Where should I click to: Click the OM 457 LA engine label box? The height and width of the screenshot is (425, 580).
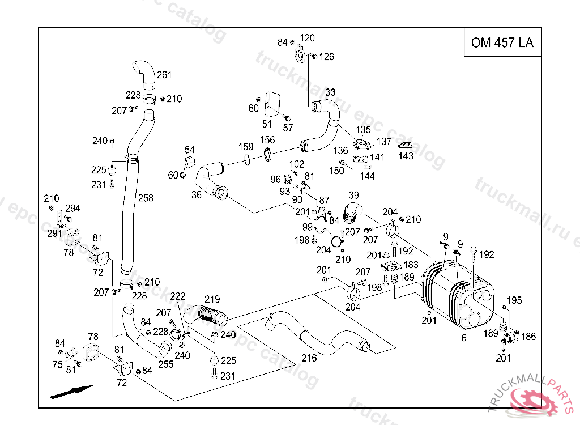click(502, 42)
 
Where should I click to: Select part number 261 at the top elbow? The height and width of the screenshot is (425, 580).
click(164, 75)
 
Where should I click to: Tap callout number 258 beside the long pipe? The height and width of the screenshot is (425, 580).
click(146, 198)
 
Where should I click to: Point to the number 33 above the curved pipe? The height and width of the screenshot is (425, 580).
click(330, 92)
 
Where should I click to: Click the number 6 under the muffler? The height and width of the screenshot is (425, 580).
click(464, 338)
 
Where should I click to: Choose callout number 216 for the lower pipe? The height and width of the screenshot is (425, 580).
click(309, 358)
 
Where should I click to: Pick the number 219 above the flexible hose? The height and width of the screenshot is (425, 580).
click(212, 299)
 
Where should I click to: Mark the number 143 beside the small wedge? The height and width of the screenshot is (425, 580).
click(406, 156)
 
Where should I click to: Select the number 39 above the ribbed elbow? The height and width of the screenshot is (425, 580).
click(354, 195)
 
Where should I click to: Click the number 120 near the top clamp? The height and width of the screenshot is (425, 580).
click(307, 38)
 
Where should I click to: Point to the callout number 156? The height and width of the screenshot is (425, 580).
click(267, 140)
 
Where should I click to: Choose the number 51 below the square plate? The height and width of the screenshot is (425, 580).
click(267, 124)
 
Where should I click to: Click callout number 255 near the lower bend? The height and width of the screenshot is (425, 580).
click(166, 364)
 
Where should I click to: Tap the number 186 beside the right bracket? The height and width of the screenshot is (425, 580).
click(528, 337)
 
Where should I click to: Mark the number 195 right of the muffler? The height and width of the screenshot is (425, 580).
click(514, 300)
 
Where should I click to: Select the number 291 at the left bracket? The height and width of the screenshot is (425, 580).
click(54, 233)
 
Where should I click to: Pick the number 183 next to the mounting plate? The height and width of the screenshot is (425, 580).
click(411, 265)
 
